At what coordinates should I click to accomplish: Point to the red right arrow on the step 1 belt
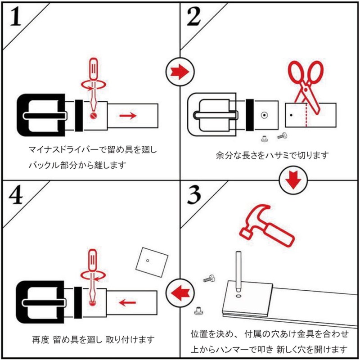(x=128, y=116)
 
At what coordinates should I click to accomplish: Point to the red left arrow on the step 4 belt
(x=128, y=300)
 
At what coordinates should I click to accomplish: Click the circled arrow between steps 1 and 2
(x=180, y=70)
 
